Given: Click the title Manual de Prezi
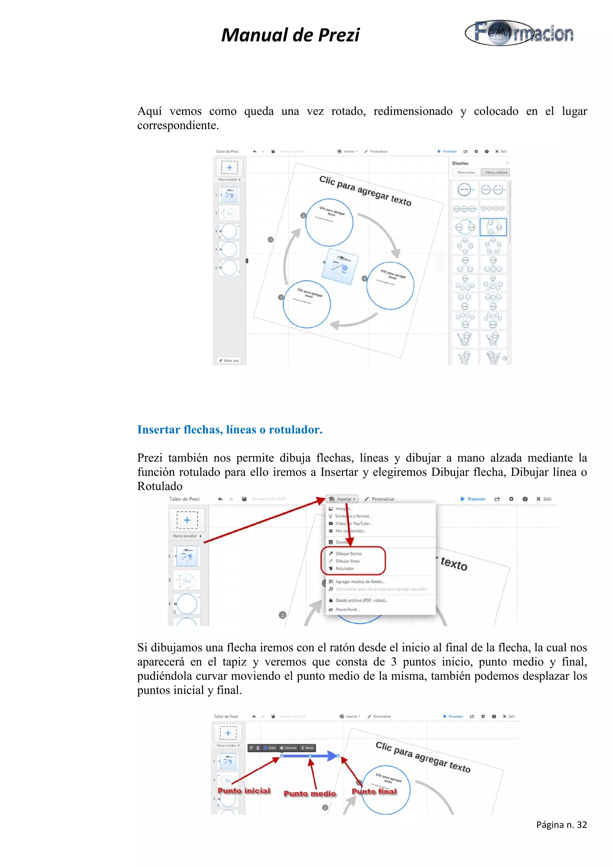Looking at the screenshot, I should [x=290, y=35].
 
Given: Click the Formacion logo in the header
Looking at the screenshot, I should [x=519, y=33].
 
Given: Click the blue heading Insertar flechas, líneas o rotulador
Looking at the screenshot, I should [x=230, y=429].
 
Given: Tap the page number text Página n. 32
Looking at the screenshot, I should [x=561, y=825].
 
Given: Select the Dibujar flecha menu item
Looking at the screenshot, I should [x=348, y=553].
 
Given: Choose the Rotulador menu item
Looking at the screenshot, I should [x=345, y=568].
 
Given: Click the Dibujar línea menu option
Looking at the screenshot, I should [x=347, y=561].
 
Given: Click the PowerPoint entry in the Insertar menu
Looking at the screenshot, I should [x=347, y=609].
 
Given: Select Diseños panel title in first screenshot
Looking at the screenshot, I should [x=460, y=163].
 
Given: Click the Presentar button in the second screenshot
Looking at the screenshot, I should [x=473, y=499].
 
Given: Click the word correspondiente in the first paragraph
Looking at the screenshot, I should [x=177, y=125].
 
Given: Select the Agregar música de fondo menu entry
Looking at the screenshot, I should [x=359, y=582].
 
